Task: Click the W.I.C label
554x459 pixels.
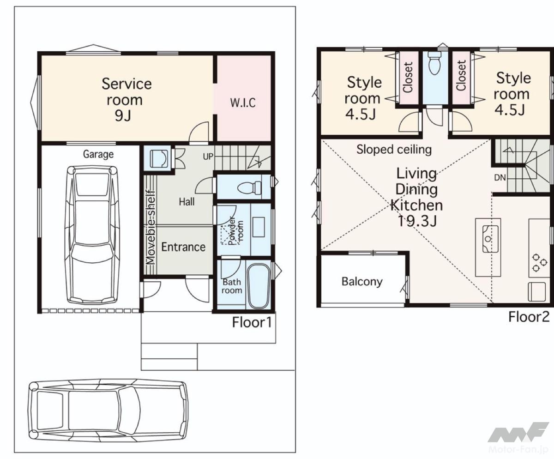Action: pos(243,103)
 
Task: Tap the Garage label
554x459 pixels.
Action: pos(98,154)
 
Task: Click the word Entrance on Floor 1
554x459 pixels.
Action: pos(183,247)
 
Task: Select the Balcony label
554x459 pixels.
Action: pos(362,282)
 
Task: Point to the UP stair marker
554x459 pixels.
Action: pos(208,157)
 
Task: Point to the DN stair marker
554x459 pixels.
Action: pos(500,178)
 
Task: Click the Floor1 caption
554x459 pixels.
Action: pos(252,323)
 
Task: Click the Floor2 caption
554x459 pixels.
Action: pos(529,317)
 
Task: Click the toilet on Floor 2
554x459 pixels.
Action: pos(434,63)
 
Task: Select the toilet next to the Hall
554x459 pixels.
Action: pos(249,188)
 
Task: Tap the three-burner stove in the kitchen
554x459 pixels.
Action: pos(539,263)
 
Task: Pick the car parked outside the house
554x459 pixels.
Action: pos(108,411)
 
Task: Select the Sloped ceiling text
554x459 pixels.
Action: pos(394,150)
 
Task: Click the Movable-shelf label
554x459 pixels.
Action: pos(151,227)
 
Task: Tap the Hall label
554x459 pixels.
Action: pos(187,202)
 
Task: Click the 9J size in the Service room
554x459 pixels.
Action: pos(123,116)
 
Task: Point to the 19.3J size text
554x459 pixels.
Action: pos(416,221)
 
